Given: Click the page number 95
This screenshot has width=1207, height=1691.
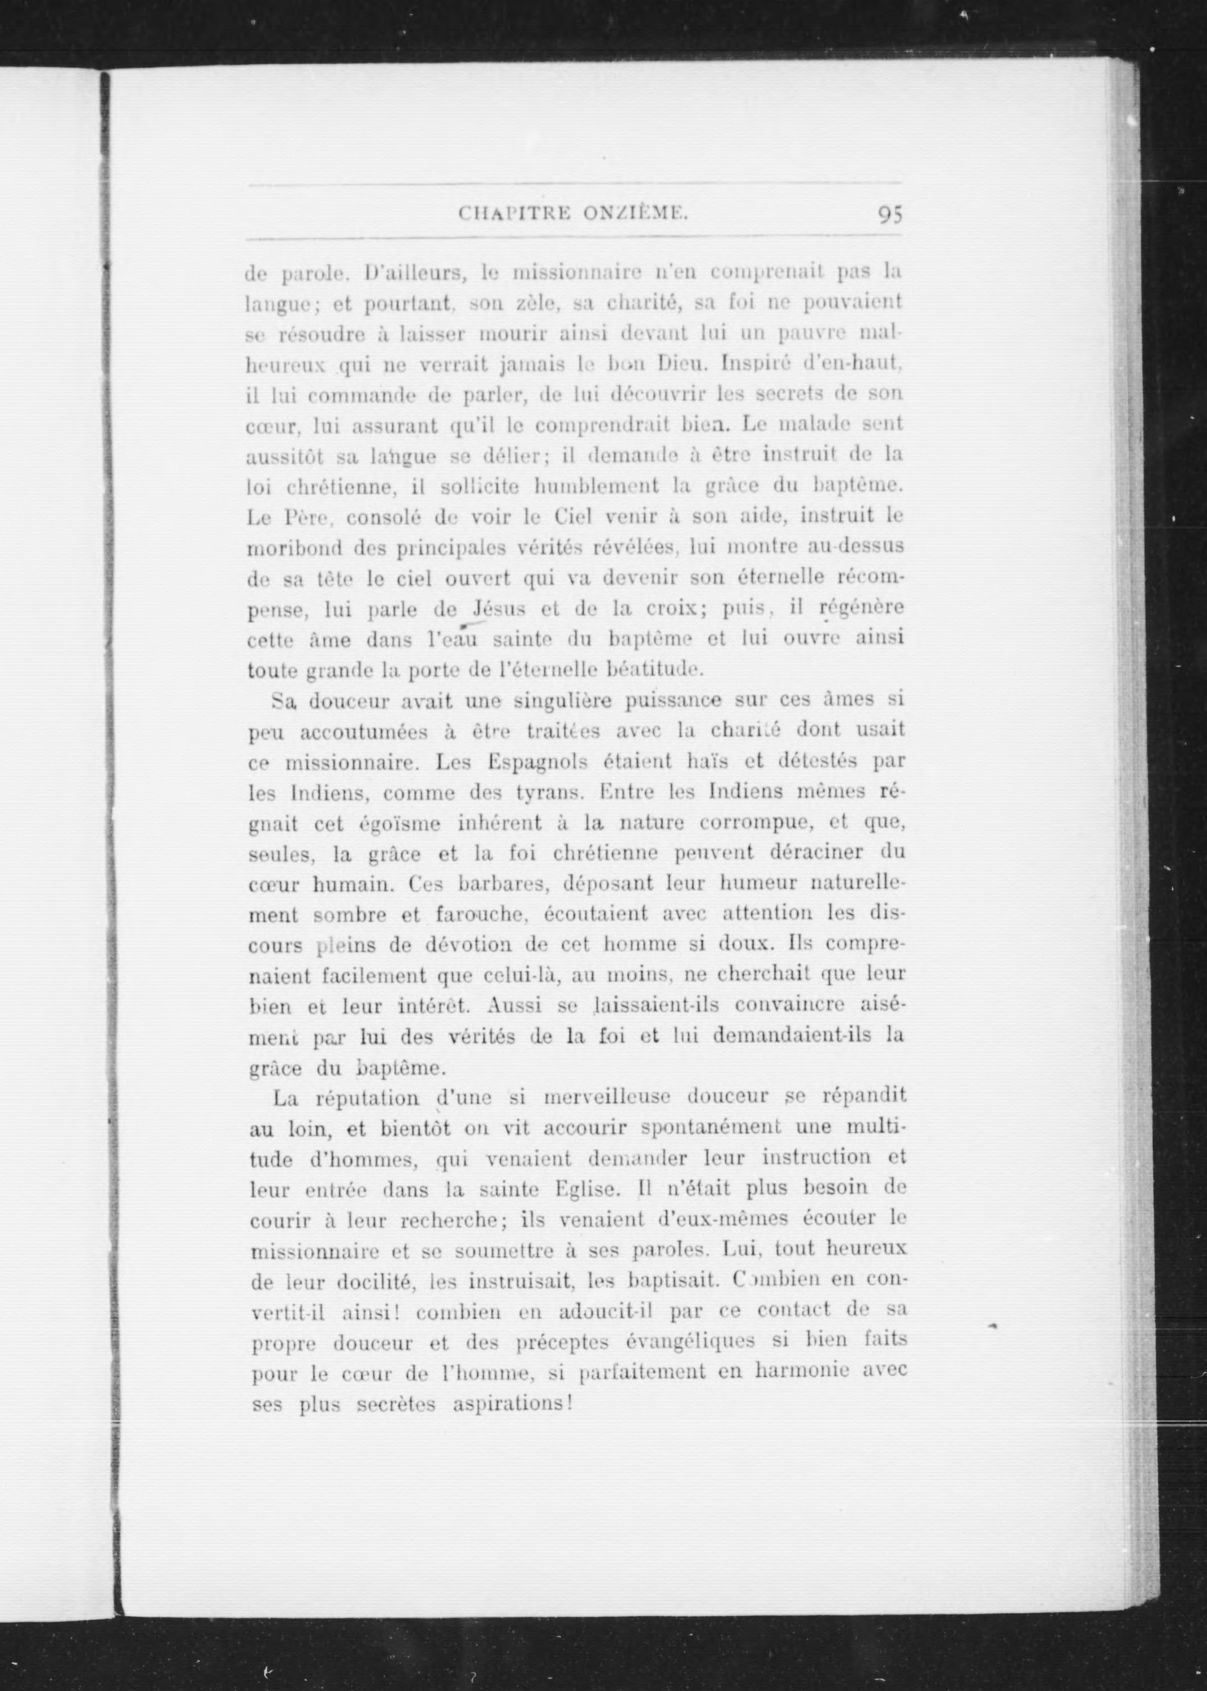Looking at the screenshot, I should (x=889, y=214).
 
